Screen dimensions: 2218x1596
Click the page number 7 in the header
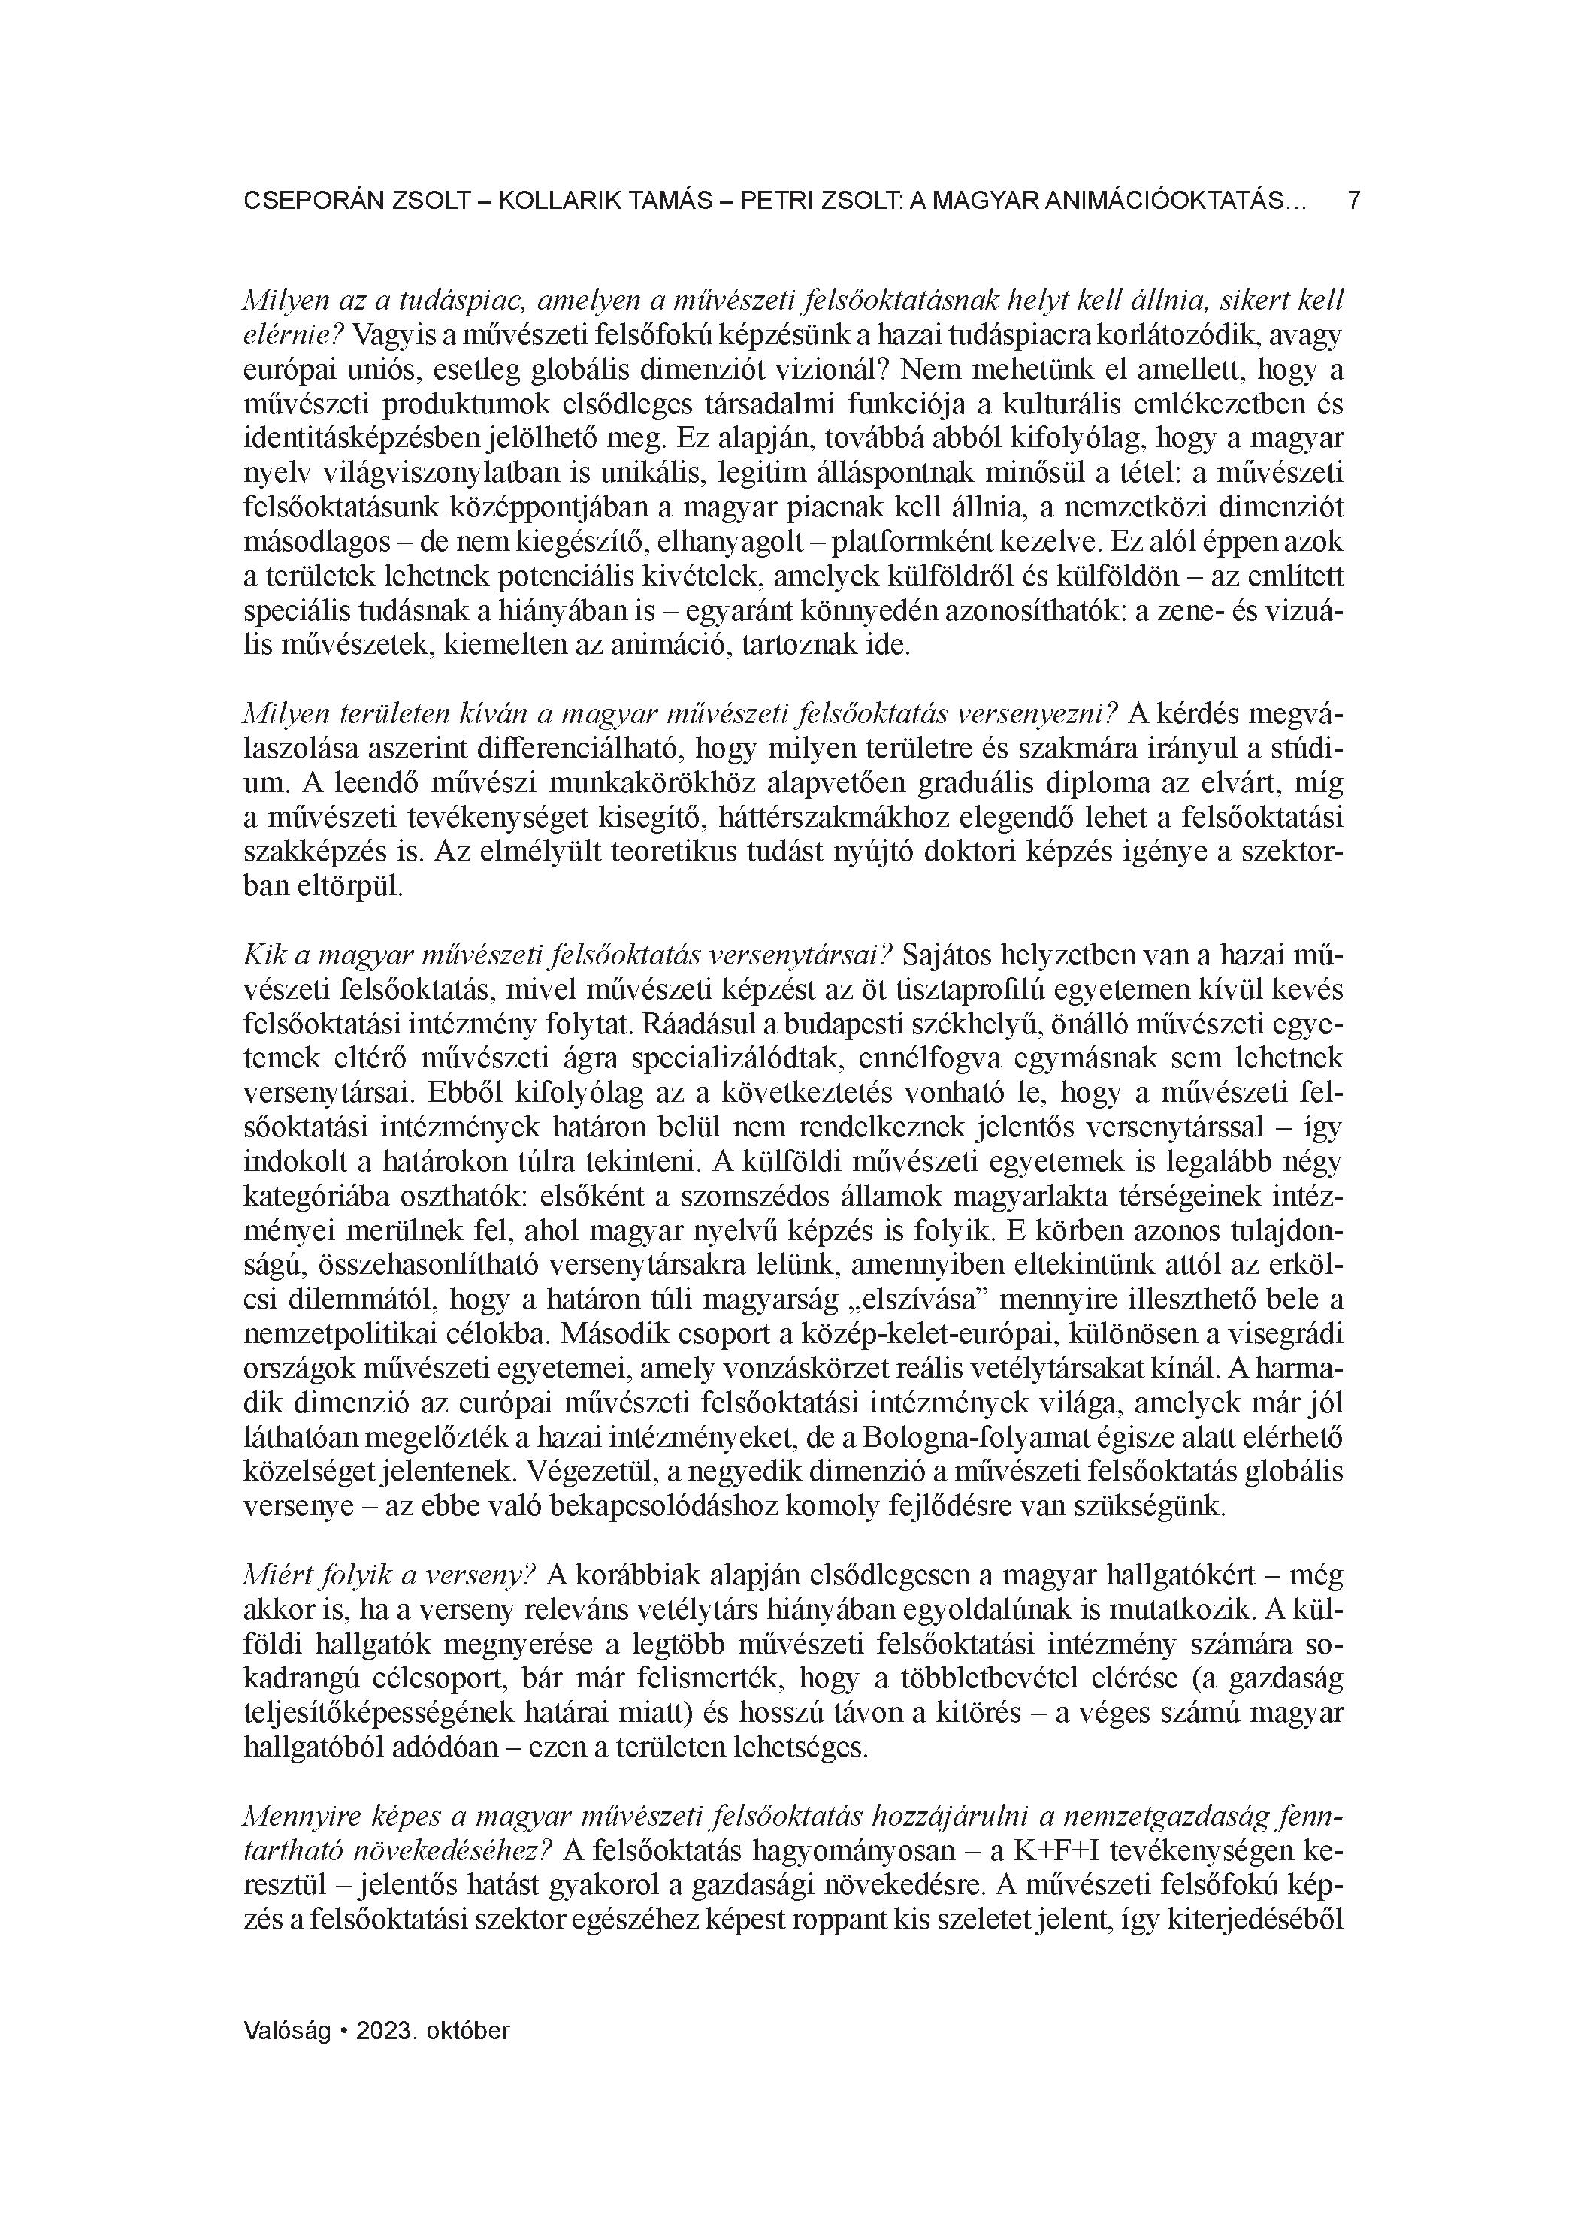pyautogui.click(x=1353, y=201)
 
